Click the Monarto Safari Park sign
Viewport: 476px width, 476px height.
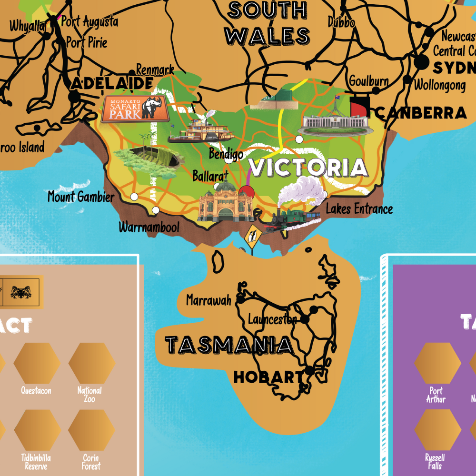[135, 108]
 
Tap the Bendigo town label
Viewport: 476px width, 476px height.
[226, 154]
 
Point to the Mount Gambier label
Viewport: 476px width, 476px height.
[81, 196]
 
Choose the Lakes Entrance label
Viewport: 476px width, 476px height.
[359, 208]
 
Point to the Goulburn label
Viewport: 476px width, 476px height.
[369, 80]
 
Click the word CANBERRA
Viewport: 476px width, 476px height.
[421, 113]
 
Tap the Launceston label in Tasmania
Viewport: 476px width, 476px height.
[272, 319]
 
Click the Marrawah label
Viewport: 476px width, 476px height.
[208, 300]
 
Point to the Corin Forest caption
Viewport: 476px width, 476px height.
[91, 462]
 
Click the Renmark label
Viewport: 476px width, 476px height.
[155, 70]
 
